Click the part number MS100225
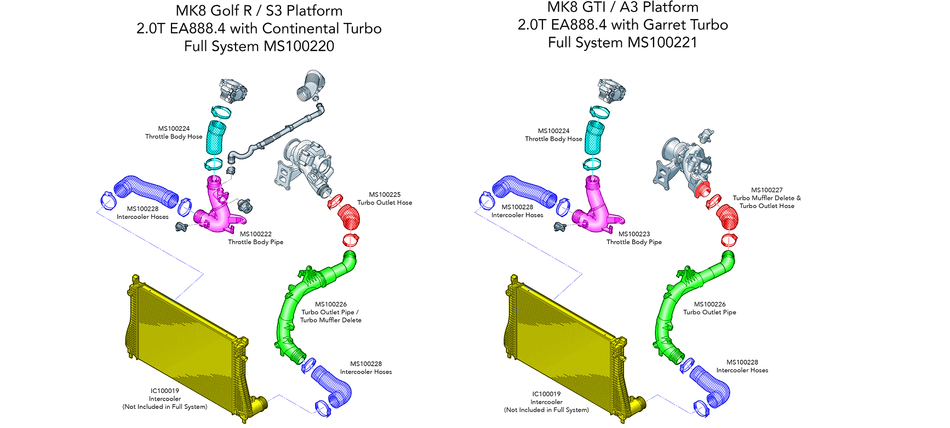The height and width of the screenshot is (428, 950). (385, 194)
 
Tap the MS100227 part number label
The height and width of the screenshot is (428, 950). (766, 190)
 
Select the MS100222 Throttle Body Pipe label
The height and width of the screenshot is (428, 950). (256, 238)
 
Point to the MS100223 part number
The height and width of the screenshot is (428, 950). (634, 234)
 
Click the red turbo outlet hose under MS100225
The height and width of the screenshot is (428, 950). (349, 217)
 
